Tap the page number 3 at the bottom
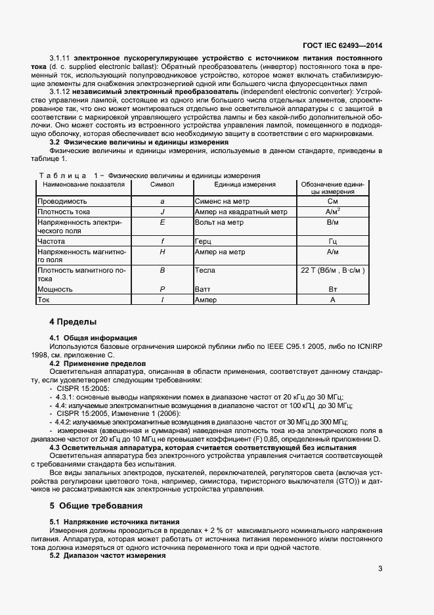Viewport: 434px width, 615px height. (x=380, y=569)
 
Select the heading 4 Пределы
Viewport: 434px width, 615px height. (x=73, y=322)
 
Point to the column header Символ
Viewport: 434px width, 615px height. (x=162, y=185)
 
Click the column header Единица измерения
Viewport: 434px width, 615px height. (x=245, y=185)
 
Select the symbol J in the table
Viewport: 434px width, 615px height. (x=162, y=212)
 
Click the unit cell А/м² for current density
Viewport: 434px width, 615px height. (x=332, y=212)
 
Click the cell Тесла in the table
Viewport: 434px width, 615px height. (x=206, y=270)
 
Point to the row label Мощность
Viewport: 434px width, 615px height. (x=55, y=289)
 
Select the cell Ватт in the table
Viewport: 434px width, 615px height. (x=203, y=289)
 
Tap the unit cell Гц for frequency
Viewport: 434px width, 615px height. (x=332, y=241)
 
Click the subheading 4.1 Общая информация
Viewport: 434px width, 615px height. (x=94, y=337)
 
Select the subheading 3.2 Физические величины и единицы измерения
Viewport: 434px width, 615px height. (x=139, y=142)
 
